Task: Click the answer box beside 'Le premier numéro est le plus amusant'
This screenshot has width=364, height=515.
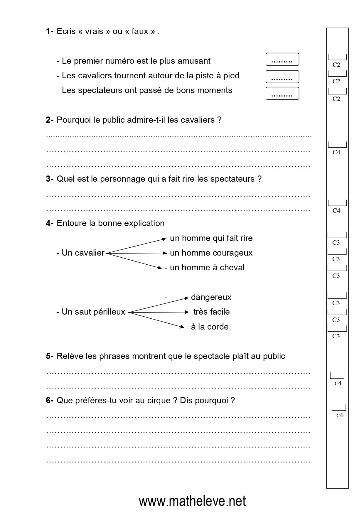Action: point(282,59)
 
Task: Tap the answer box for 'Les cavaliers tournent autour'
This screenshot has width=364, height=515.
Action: point(282,77)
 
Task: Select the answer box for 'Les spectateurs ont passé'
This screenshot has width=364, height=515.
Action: point(282,93)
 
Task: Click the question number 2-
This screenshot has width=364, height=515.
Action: point(50,120)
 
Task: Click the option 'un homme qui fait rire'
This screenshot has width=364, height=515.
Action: point(211,238)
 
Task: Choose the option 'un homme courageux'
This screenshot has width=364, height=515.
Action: point(211,253)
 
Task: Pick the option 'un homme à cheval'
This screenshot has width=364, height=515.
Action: point(207,268)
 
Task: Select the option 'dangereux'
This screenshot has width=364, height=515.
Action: point(211,297)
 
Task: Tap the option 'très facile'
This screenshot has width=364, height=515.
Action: point(211,312)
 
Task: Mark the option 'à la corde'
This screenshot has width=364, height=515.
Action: point(210,327)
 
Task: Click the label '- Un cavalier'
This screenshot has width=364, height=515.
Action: point(80,253)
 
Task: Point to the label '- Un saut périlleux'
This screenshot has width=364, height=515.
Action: point(91,312)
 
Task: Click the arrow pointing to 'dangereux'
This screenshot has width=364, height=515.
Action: point(159,305)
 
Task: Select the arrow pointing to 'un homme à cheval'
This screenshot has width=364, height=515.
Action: point(134,261)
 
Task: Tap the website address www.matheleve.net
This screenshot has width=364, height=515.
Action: point(192,502)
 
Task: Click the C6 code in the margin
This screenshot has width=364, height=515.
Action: point(340,415)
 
